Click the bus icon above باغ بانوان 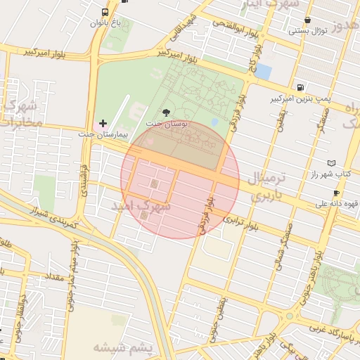point(105,12)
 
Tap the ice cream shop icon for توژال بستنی point(307,20)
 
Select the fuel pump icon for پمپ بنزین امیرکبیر point(301,88)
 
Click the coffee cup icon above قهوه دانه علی point(336,193)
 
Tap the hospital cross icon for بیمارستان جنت point(103,123)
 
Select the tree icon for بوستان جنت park point(166,112)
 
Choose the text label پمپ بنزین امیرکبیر point(300,99)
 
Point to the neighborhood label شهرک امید point(141,207)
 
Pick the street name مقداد point(54,276)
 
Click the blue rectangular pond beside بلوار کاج point(263,71)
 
